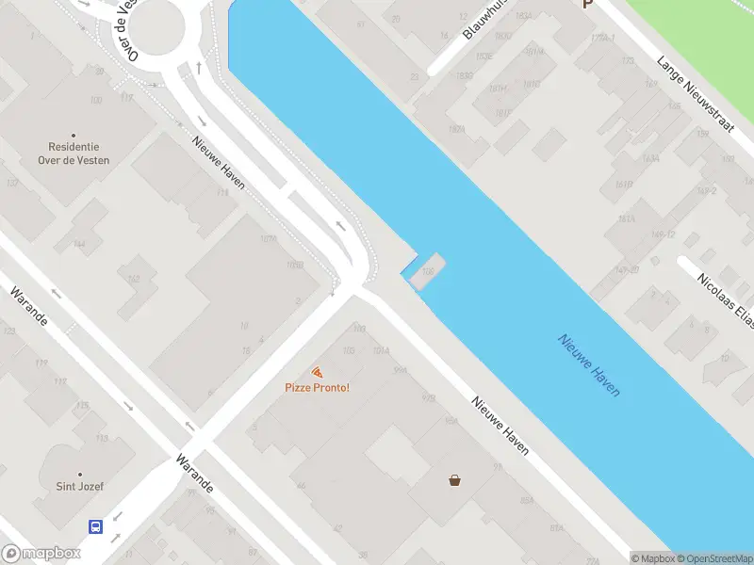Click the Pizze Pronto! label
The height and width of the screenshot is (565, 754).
click(x=318, y=388)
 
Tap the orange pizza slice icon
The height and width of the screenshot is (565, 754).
click(x=318, y=373)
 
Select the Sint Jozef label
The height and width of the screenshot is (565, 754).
click(x=79, y=487)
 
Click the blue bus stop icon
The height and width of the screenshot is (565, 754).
click(x=96, y=526)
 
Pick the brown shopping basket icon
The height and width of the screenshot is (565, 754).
click(x=455, y=480)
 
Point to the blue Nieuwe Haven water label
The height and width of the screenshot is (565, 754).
click(x=589, y=365)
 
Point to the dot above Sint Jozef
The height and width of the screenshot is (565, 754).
click(x=79, y=474)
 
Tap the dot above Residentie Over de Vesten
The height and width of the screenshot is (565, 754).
click(x=74, y=135)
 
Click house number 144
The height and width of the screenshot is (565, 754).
click(x=79, y=245)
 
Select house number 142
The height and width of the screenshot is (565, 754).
click(x=134, y=279)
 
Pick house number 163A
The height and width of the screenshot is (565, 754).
click(x=629, y=219)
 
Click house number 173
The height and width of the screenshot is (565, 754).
click(x=627, y=61)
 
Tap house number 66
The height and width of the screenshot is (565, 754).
click(x=301, y=486)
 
